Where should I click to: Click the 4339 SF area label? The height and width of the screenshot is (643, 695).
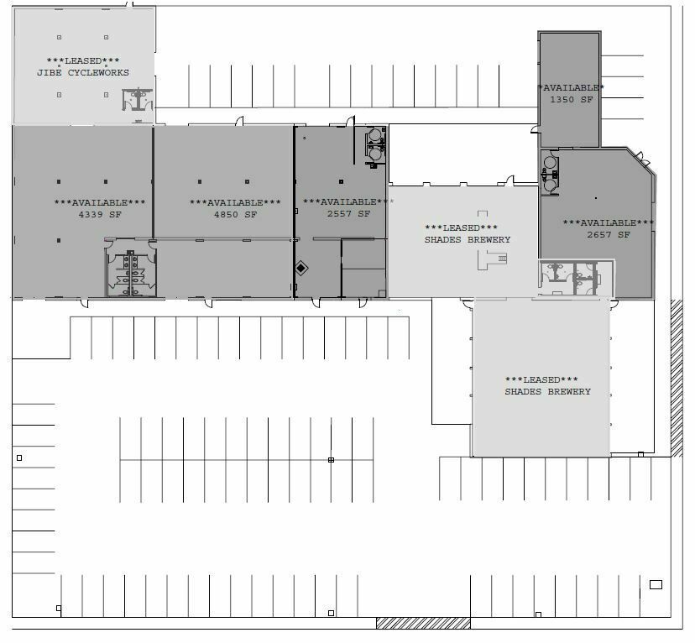[x=100, y=215]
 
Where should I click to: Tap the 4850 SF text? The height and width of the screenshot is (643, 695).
[x=235, y=215]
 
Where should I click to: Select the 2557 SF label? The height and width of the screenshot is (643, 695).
[x=348, y=213]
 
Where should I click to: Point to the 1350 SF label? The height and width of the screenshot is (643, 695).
[x=572, y=100]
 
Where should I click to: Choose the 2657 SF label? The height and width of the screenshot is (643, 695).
[x=609, y=235]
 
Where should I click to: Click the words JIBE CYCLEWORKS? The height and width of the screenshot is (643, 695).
[x=83, y=73]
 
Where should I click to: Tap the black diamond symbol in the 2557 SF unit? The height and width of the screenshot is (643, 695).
[x=301, y=268]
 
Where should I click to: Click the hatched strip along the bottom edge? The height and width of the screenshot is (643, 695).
[x=423, y=623]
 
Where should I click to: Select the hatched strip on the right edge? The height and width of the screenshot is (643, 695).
[x=677, y=378]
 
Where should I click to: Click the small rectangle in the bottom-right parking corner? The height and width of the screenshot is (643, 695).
[x=656, y=584]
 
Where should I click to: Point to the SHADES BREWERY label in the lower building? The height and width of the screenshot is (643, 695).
[x=548, y=392]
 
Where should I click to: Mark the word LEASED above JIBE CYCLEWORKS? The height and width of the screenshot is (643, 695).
[x=83, y=60]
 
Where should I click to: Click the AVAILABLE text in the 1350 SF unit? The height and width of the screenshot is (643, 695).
[x=571, y=88]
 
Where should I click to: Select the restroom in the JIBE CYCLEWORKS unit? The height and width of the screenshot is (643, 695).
[x=138, y=99]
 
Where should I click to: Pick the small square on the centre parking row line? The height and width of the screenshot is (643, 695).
[x=331, y=460]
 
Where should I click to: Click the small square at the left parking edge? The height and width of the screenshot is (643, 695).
[x=19, y=457]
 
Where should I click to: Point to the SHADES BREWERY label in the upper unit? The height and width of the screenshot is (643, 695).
[x=468, y=240]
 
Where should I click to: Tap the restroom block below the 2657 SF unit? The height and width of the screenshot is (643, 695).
[x=576, y=279]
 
